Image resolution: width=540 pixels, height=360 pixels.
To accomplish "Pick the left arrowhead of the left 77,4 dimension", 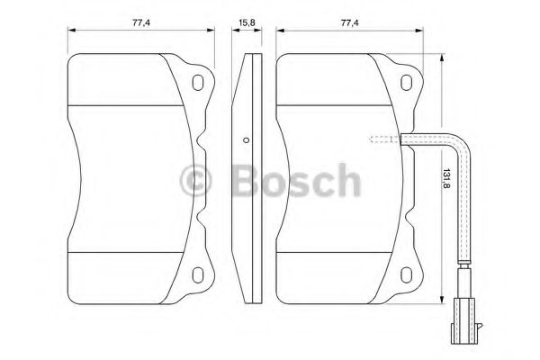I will click(72, 31).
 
